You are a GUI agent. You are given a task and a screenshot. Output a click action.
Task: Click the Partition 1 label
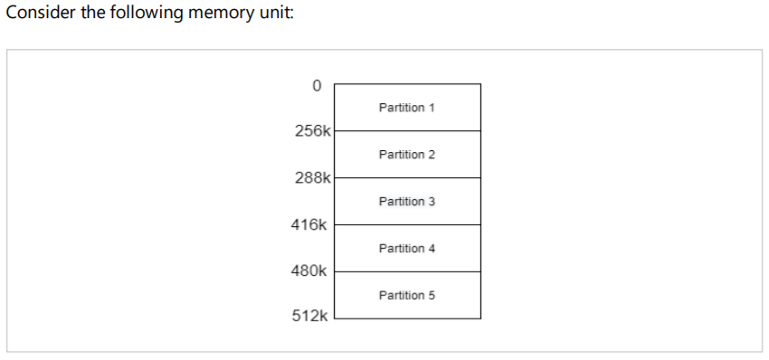click(x=406, y=108)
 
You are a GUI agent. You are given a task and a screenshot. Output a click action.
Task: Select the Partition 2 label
click(x=406, y=155)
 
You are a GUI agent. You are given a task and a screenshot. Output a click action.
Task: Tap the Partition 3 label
click(x=406, y=202)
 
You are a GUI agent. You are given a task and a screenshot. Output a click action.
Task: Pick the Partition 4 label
click(x=406, y=249)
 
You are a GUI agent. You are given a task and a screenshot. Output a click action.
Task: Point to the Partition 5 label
click(x=406, y=296)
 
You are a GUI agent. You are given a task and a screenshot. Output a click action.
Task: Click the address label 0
click(x=315, y=86)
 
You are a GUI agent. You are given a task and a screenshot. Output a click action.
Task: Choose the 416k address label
click(x=309, y=224)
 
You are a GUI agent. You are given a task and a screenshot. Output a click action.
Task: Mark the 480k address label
click(x=309, y=270)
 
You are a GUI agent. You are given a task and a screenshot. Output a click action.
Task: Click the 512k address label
click(x=309, y=317)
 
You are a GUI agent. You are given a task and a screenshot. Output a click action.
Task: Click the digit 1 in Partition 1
click(x=432, y=108)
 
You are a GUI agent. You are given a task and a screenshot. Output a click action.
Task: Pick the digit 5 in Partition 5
click(x=432, y=296)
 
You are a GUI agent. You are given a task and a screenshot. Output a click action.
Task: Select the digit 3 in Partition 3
click(x=432, y=202)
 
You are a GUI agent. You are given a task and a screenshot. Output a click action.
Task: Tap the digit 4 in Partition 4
click(x=432, y=249)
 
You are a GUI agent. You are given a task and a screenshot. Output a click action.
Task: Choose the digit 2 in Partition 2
click(x=432, y=155)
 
